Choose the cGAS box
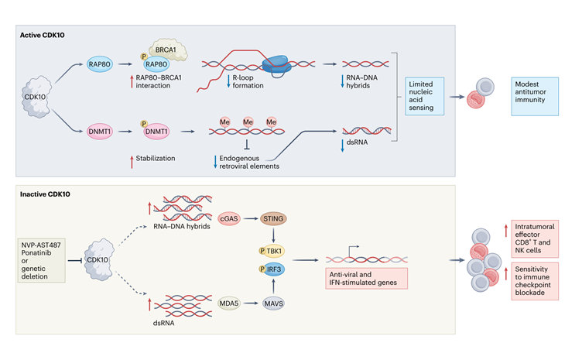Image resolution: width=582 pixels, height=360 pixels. (x=233, y=221)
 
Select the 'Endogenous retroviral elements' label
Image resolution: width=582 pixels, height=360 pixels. (x=247, y=163)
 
